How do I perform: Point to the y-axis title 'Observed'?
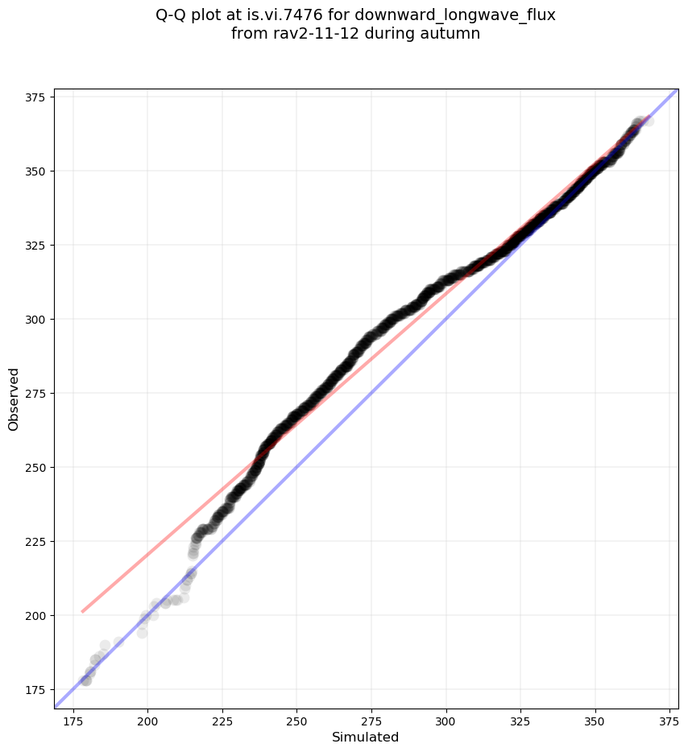[14, 399]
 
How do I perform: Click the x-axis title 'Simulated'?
[366, 737]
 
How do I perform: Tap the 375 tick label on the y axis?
[35, 97]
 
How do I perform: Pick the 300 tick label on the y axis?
[35, 319]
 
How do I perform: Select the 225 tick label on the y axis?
[35, 541]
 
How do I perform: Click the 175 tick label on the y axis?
[35, 689]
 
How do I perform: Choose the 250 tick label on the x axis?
[297, 718]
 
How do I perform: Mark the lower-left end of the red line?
[82, 612]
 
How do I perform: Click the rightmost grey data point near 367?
[648, 121]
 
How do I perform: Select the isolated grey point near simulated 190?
[118, 642]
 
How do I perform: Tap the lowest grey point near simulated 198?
[143, 633]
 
